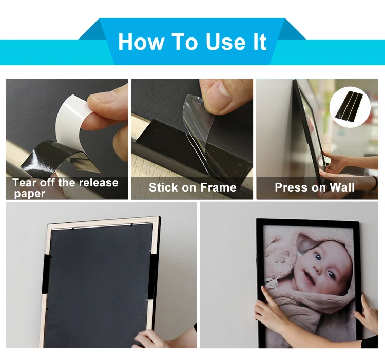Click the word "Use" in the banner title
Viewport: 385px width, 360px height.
coord(225,42)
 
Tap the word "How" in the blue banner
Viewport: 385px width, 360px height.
coord(141,42)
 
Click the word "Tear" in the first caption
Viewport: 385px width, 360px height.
coord(25,183)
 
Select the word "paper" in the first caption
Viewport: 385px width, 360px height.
coord(29,194)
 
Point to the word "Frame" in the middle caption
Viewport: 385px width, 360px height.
coord(218,187)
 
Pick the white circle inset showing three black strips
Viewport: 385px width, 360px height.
coord(350,107)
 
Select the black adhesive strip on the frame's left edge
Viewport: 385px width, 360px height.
coord(46,274)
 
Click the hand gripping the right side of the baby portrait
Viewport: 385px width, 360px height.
coord(367,314)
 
